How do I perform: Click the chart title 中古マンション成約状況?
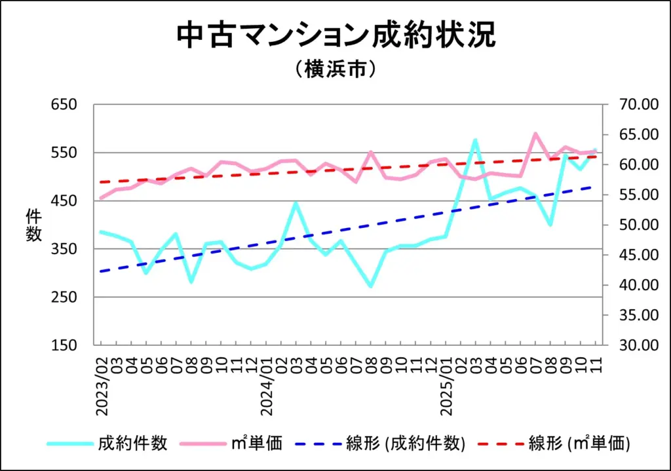point(335,36)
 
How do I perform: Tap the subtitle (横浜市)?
point(335,69)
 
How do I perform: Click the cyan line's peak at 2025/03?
point(475,140)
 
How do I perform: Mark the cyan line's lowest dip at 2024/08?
point(371,286)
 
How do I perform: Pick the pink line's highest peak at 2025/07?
point(535,134)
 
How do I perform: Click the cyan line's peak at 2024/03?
point(296,203)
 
